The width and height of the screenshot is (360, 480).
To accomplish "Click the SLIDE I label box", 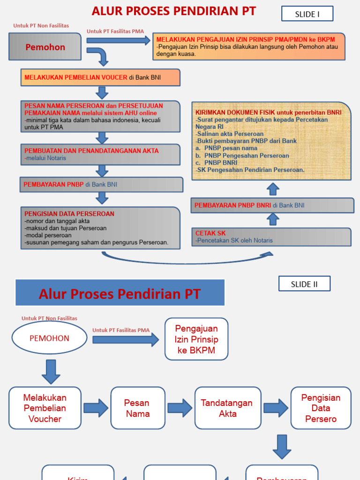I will pos(307,14).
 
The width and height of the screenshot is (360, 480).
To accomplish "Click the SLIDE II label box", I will pos(304,284).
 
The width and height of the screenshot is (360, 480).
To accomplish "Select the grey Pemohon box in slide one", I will pos(45,47).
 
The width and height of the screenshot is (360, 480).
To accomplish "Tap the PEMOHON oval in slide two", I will pos(49,338).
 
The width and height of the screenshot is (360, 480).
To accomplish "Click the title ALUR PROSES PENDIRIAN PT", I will pos(174,11).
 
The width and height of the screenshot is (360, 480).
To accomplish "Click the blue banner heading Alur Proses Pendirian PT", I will pos(120,293).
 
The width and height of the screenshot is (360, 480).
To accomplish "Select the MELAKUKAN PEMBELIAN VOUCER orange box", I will pos(100,77).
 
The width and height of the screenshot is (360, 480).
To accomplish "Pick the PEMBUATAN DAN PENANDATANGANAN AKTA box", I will pos(100,154).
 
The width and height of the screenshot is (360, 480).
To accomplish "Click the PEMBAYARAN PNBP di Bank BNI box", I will pos(101,185).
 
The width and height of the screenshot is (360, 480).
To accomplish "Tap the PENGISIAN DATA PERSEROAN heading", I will pos(69,214).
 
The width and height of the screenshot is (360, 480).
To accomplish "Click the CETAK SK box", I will pos(271,237).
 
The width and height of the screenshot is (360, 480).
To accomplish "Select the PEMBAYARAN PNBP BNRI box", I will pos(272,205).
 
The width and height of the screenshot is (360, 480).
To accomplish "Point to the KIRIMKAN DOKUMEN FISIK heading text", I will pos(268,113).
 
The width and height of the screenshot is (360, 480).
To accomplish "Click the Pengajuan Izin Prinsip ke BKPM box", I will pos(196,339).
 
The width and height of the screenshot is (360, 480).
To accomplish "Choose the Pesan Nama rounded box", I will pos(138,408).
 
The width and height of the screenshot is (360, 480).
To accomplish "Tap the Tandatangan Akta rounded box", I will pos(228,408).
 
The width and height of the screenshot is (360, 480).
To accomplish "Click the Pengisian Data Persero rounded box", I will pos(321,408).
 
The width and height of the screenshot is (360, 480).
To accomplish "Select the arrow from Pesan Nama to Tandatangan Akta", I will pos(180,408).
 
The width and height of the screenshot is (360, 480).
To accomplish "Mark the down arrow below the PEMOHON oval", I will pos(51,371).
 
